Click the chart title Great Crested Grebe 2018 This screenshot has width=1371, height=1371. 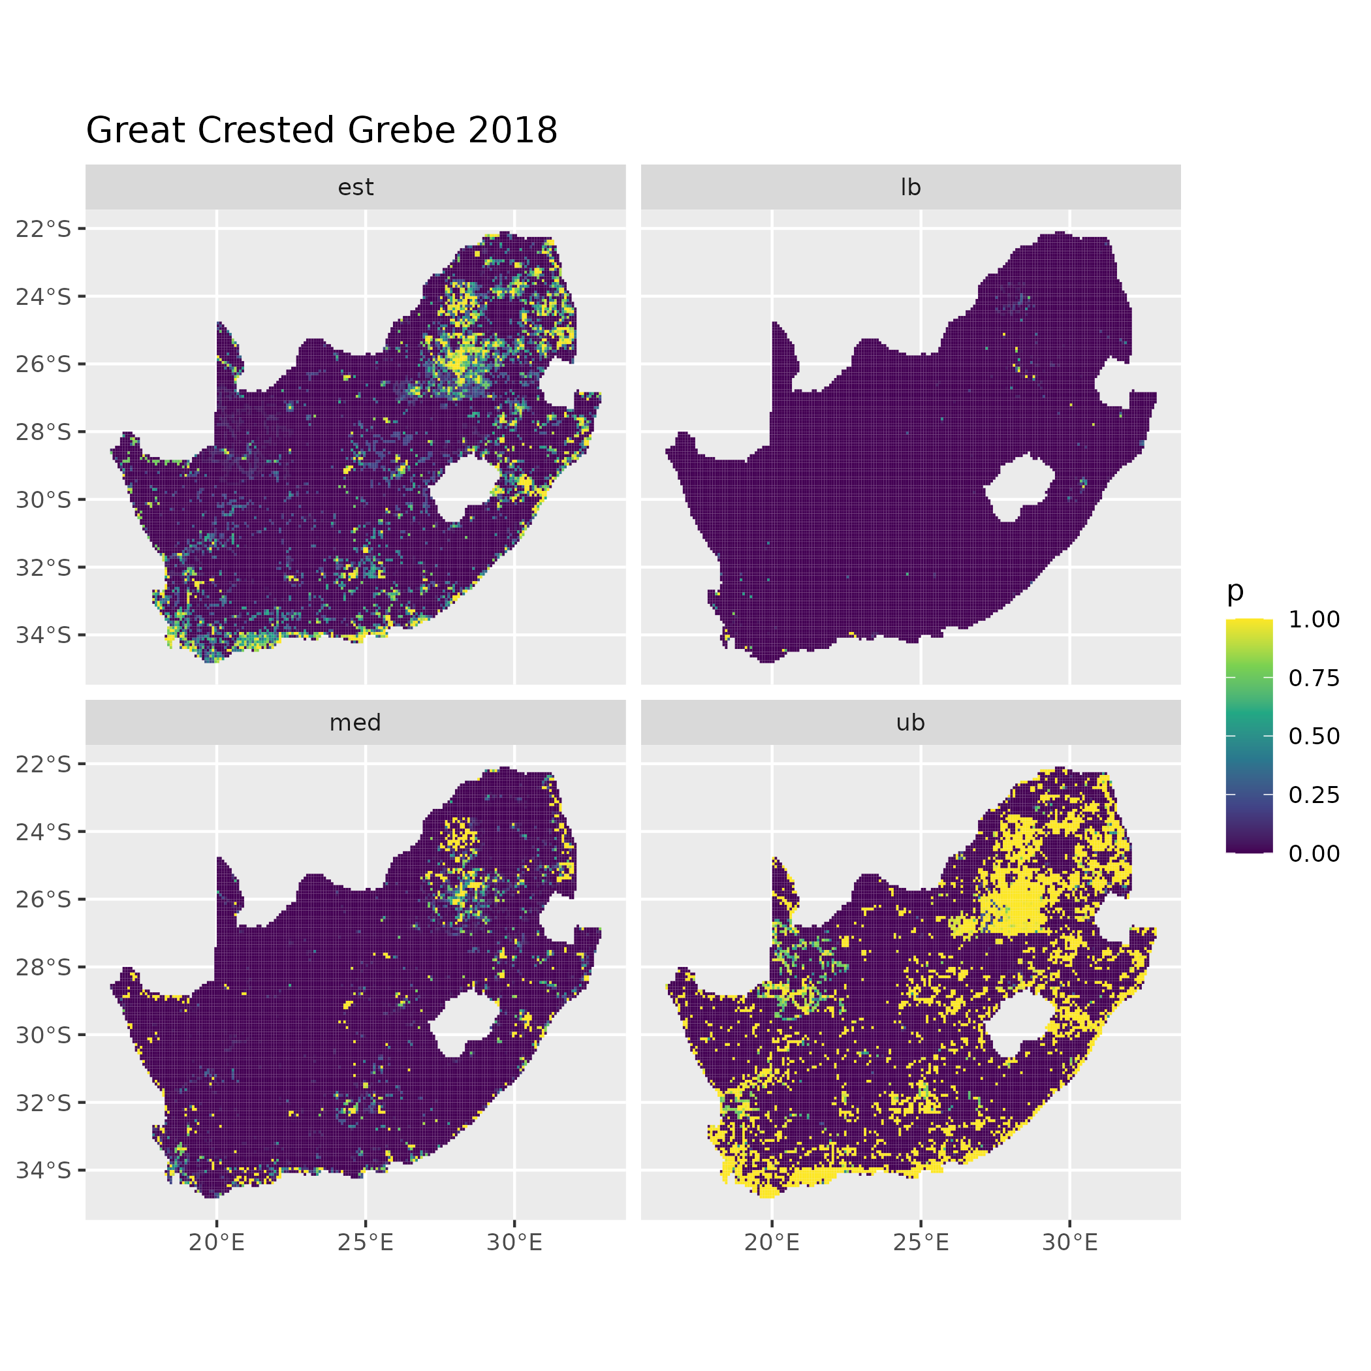coord(321,131)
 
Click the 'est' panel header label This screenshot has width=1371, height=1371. coord(356,187)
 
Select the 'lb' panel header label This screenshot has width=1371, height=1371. coord(911,187)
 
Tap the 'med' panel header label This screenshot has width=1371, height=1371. coord(356,723)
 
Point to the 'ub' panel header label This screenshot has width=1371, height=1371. coord(911,723)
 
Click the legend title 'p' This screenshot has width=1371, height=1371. coord(1235,590)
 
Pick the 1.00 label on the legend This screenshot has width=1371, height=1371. coord(1314,620)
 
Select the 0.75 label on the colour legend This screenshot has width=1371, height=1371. coord(1314,678)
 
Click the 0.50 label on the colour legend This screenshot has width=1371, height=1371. coord(1314,736)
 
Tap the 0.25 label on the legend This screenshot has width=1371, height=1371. coord(1314,795)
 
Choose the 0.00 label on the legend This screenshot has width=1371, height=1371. coord(1314,853)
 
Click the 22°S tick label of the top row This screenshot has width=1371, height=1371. coord(44,229)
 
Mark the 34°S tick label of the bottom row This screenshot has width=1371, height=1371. coord(44,1170)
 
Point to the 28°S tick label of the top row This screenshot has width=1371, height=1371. coord(44,432)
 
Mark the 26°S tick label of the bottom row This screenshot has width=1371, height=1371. coord(44,900)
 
